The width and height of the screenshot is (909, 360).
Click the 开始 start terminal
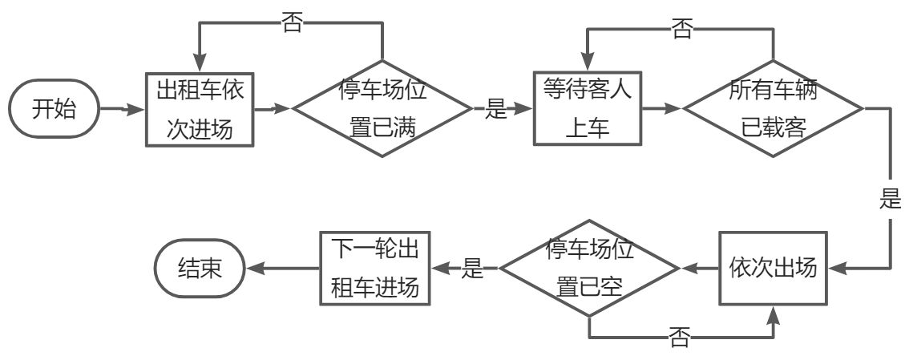point(55,108)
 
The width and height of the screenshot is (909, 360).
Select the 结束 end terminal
point(200,267)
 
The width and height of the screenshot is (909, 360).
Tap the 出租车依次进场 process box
point(200,109)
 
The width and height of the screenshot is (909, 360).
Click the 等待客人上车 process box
point(588,109)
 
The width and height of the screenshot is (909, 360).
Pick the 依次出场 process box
point(773,267)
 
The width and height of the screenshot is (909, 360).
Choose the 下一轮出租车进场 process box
point(374,267)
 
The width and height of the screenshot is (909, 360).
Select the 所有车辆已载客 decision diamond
point(773,108)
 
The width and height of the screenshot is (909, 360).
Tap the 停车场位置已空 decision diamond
point(589,267)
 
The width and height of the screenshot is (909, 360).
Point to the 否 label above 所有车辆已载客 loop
point(681,30)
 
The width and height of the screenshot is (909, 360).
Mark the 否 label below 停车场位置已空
point(679,338)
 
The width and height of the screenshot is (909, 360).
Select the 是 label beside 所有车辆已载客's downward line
point(890,200)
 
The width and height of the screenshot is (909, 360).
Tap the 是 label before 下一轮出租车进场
point(474,268)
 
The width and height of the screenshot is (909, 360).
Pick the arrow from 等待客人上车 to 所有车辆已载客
point(662,108)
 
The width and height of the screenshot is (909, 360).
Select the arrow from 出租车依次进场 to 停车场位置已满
point(273,108)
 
